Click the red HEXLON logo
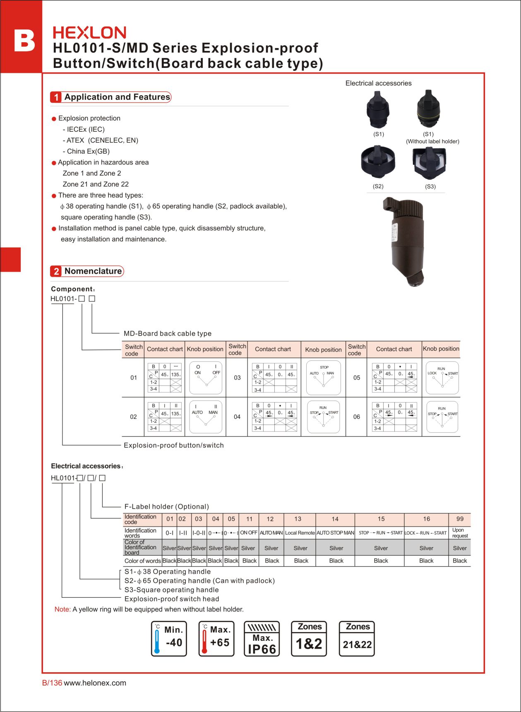coord(89,33)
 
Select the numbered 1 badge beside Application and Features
coord(56,97)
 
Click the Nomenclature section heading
coord(93,271)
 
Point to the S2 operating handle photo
coord(378,162)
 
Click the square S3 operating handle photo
coord(430,162)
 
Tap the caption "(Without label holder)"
coord(432,141)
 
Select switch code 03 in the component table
coord(237,378)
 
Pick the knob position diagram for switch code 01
coord(205,377)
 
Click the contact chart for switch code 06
coord(394,417)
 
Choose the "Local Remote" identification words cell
coord(300,533)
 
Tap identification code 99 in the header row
coord(460,519)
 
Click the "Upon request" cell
coord(460,533)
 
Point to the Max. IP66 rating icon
coord(262,639)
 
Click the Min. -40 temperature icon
coord(169,639)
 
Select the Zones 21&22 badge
coord(357,639)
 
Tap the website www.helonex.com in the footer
coord(95,683)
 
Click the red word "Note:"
coord(62,609)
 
